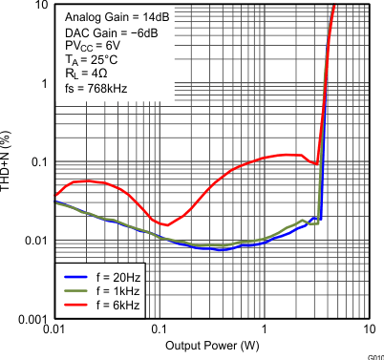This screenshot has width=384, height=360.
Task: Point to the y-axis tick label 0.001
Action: pos(28,318)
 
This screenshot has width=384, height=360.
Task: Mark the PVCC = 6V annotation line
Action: pos(94,46)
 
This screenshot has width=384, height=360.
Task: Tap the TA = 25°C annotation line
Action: pos(94,60)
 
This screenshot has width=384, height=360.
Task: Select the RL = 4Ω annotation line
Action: pos(90,74)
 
